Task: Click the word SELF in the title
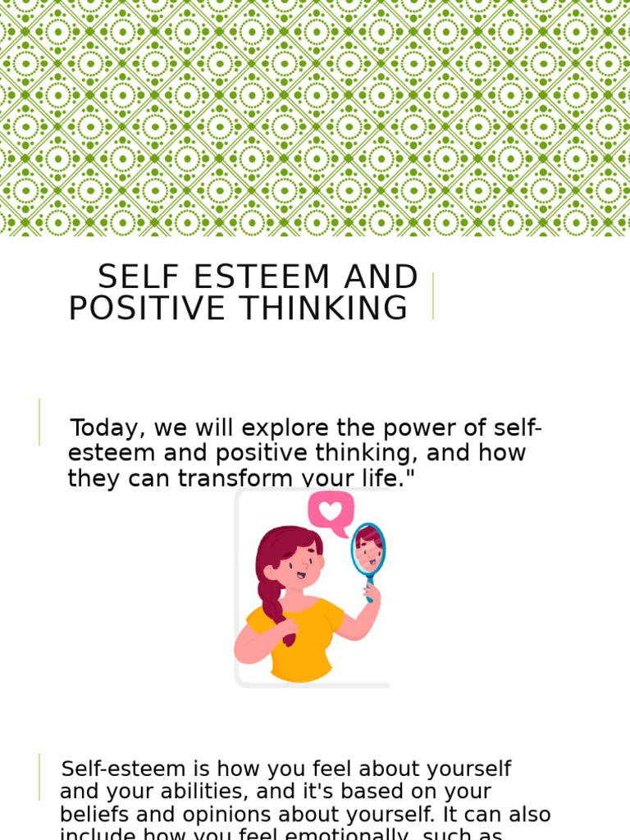pos(132,278)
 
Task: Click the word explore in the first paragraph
pos(265,428)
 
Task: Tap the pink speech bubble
pos(331,513)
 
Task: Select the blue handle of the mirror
pos(369,592)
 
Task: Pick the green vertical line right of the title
pos(433,295)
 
